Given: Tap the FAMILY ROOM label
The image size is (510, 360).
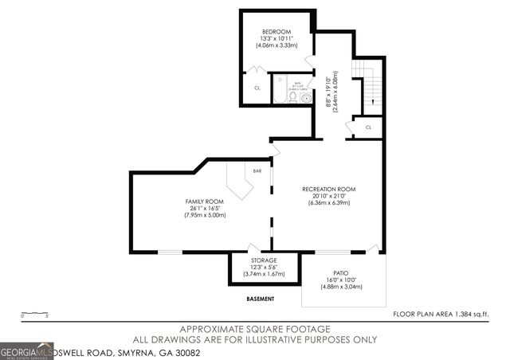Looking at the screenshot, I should (205, 202).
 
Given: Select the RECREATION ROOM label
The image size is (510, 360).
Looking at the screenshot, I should (328, 189).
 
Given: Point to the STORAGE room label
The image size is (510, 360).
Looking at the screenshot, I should (264, 260).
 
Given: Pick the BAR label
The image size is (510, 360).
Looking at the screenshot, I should (257, 170).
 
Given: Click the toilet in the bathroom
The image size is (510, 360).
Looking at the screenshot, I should (292, 97).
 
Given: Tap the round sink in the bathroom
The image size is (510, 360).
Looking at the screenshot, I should (305, 98).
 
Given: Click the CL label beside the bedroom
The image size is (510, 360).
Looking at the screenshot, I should (257, 88).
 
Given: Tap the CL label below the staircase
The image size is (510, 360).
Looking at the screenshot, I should (368, 127).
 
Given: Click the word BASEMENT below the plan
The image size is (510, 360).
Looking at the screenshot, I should (261, 299).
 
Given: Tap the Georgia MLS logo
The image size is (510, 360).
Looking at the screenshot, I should (27, 350).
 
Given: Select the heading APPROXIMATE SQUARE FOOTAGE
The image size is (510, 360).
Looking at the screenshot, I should (255, 329).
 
